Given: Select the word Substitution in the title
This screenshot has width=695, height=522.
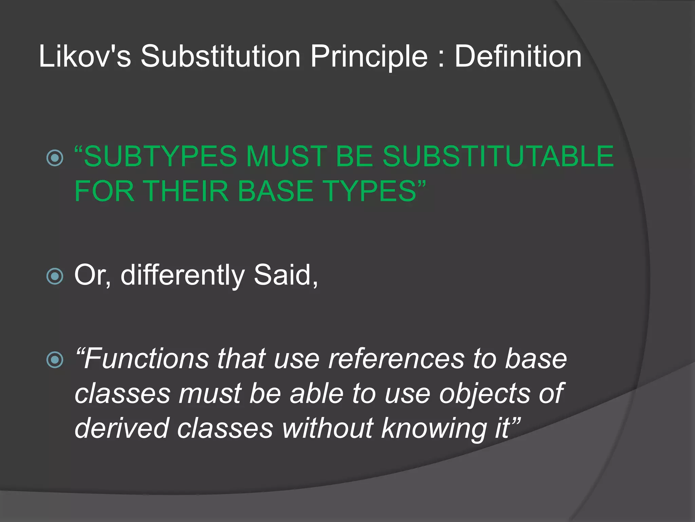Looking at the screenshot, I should point(221,56).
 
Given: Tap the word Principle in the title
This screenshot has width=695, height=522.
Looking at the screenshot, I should point(369,56).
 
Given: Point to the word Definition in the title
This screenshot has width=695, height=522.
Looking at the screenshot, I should point(518,56).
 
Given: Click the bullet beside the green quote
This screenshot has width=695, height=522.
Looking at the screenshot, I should point(55,158).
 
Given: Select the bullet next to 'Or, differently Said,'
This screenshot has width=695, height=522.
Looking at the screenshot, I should point(55,276).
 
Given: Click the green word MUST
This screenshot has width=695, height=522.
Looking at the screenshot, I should point(286,156).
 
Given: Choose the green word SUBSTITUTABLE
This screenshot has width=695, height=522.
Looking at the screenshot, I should point(498,156).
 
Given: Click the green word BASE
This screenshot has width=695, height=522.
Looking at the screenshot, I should point(275,191).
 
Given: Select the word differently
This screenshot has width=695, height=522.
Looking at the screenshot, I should point(182,275).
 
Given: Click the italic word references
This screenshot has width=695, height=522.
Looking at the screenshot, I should point(396,359).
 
